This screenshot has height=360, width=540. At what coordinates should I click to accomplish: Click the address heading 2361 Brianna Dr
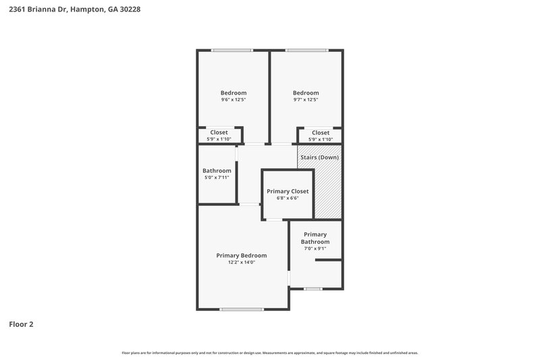point(75,10)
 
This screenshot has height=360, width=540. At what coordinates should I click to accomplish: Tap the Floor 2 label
point(21,324)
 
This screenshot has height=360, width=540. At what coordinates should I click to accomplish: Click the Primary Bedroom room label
point(241,255)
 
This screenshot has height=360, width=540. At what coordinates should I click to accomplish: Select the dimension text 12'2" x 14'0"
point(241,262)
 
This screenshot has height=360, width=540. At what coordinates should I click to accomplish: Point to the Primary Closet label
point(288,191)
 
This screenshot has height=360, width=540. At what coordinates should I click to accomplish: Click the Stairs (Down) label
point(320,157)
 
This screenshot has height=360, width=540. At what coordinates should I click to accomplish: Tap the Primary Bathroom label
point(315,238)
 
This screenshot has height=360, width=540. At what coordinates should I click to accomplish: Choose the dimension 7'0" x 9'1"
point(315,249)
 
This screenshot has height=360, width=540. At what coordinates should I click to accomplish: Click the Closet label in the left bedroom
point(219,132)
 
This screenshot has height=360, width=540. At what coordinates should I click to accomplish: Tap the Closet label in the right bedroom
point(321,132)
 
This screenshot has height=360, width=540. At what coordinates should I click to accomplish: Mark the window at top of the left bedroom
point(232,50)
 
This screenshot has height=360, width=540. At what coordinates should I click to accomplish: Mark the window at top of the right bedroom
point(307,50)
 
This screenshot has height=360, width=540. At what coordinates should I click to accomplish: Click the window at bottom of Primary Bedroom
point(241,309)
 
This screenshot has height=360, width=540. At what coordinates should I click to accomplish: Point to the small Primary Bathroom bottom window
point(312,289)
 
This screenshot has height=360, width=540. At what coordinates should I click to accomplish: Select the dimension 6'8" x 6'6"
point(288,199)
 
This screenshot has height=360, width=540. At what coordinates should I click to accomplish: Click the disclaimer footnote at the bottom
point(270,353)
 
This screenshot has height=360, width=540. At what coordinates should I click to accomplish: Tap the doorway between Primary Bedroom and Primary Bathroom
point(289,278)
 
